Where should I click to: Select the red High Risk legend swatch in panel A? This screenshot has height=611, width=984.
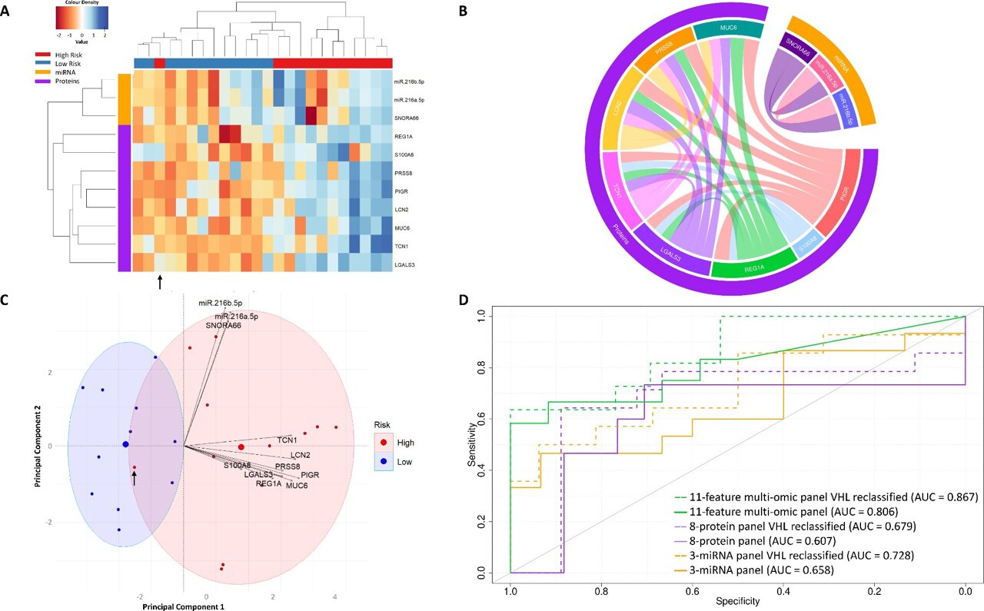pyautogui.click(x=46, y=56)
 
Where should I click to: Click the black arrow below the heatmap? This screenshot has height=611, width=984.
pyautogui.click(x=160, y=282)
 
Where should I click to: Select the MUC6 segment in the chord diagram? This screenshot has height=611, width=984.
pyautogui.click(x=727, y=30)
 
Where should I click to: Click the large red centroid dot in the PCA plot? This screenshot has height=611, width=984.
pyautogui.click(x=241, y=447)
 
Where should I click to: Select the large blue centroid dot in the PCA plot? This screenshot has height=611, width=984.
pyautogui.click(x=125, y=444)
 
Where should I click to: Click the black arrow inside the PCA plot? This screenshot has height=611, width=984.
pyautogui.click(x=135, y=479)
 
